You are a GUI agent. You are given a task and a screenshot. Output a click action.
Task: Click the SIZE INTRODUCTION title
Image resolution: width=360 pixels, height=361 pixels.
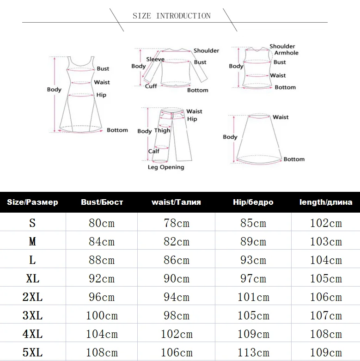171,16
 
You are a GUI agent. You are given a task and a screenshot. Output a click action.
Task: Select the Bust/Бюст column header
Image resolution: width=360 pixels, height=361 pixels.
102,202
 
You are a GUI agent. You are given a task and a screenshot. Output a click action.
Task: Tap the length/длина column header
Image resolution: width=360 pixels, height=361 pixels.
326,202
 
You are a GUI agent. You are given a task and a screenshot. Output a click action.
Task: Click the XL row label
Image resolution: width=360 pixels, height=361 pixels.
32,279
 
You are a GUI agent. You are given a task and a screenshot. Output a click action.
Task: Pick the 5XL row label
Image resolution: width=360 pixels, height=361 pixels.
32,353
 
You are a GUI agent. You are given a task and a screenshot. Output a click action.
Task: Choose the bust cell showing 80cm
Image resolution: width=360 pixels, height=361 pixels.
102,223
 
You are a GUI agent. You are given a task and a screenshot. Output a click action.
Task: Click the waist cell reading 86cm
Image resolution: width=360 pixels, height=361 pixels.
177,260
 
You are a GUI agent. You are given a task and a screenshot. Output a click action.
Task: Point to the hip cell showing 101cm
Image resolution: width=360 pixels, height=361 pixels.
253,297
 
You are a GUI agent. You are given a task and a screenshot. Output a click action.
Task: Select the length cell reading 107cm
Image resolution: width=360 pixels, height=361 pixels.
326,316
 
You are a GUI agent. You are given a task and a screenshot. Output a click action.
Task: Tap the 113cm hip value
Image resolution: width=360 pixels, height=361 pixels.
253,353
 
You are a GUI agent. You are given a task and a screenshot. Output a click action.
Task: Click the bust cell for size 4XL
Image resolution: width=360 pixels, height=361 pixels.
102,334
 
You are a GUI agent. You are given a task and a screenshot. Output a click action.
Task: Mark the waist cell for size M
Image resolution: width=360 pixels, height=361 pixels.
177,242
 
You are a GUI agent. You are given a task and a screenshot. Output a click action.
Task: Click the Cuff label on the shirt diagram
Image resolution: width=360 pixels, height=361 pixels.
151,86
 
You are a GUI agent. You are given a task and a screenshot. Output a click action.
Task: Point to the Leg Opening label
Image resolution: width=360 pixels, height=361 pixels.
166,167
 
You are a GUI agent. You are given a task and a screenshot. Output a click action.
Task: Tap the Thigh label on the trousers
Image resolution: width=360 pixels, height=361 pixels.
162,131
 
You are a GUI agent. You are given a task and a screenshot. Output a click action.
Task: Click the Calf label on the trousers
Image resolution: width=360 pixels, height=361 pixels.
154,151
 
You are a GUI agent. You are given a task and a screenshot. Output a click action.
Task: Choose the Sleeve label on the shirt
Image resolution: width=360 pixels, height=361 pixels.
155,59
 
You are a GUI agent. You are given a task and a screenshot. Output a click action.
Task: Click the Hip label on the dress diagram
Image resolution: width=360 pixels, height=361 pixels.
101,95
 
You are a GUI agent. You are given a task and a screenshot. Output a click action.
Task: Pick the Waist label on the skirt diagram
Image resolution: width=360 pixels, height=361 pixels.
281,117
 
